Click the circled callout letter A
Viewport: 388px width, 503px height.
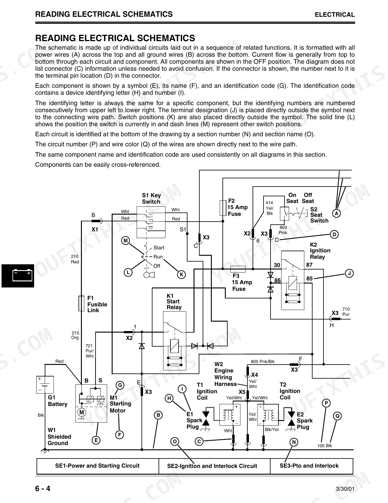point(337,213)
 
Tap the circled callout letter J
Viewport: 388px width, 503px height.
point(349,273)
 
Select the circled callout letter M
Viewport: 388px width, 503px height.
point(125,241)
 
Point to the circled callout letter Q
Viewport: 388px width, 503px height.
point(337,416)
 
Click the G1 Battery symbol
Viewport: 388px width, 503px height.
point(45,385)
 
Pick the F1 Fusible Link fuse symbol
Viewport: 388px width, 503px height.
point(81,303)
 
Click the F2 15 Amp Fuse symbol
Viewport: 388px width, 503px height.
point(223,208)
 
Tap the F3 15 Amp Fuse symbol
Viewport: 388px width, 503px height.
point(238,269)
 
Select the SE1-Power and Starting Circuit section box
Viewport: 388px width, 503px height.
point(98,466)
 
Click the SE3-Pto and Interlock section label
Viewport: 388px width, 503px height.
point(309,466)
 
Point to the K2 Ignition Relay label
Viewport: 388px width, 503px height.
point(320,251)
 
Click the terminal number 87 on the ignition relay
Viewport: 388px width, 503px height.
point(309,265)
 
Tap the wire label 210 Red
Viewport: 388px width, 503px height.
point(75,259)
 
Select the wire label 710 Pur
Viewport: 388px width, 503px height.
point(346,312)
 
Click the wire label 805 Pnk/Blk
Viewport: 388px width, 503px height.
point(263,362)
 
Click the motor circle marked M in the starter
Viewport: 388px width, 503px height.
point(82,412)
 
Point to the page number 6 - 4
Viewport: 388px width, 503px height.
point(43,488)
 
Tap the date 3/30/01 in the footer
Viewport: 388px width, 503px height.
point(345,489)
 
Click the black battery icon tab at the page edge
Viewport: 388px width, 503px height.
point(18,276)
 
